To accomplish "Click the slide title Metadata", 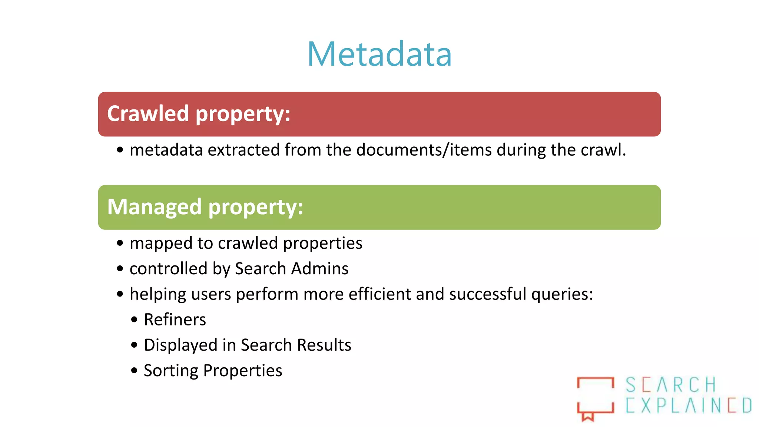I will pos(379,54).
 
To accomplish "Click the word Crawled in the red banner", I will pos(148,113).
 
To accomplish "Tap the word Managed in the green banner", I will pos(155,207).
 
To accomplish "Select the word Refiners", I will pos(175,320).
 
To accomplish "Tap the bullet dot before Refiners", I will pos(134,320).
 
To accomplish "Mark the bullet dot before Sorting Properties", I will pos(134,370).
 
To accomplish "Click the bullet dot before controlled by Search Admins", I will pos(120,268).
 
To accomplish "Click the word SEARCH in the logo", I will pos(671,385).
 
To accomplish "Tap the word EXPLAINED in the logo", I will pos(689,405).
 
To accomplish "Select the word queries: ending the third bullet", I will pos(562,294).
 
